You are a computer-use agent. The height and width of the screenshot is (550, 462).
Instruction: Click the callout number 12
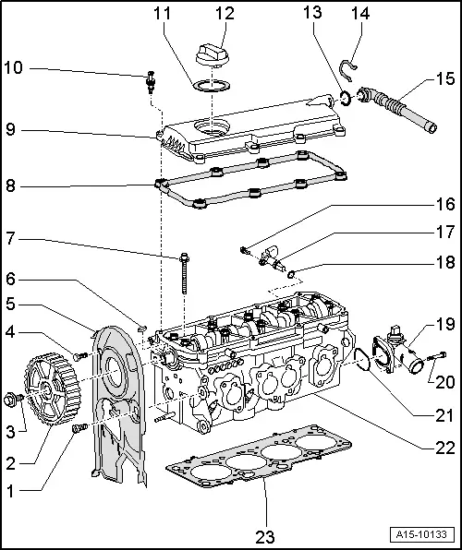225,14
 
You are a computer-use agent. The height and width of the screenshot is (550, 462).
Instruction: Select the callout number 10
12,67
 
